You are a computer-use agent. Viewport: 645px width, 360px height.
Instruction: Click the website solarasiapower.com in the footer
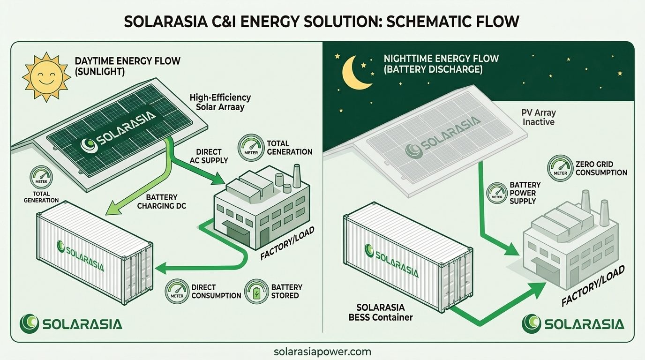322,351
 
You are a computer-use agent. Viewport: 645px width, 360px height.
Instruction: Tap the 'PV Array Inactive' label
538,117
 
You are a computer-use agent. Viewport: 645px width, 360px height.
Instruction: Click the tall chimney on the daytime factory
297,176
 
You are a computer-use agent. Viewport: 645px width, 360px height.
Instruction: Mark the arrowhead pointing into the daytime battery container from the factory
161,269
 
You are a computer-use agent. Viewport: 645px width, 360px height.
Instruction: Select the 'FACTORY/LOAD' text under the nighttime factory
593,286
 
